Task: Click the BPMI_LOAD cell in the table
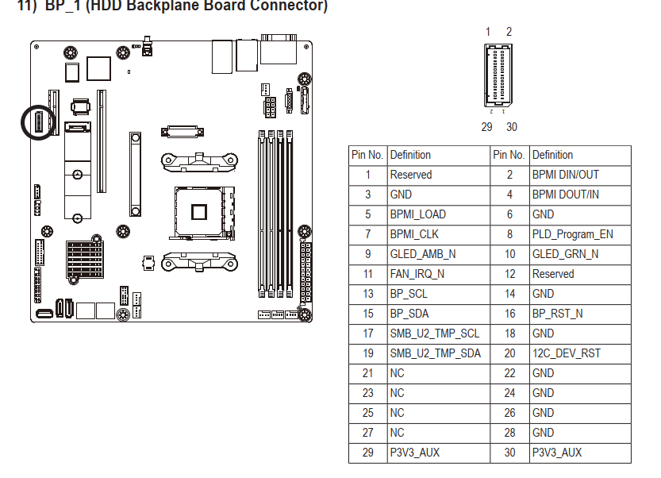(417, 214)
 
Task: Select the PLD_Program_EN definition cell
(571, 234)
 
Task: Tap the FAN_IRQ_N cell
(417, 274)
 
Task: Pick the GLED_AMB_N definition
(422, 254)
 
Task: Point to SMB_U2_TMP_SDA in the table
(434, 353)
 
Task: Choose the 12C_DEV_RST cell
(566, 353)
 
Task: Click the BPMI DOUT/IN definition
(565, 195)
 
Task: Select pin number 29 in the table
(367, 453)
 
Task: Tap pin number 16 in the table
(509, 314)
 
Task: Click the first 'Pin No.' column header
(367, 155)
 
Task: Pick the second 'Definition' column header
(552, 155)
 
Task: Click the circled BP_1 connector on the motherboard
(37, 122)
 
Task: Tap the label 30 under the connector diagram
(511, 127)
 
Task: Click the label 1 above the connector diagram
(488, 32)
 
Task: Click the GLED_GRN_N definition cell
(565, 254)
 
